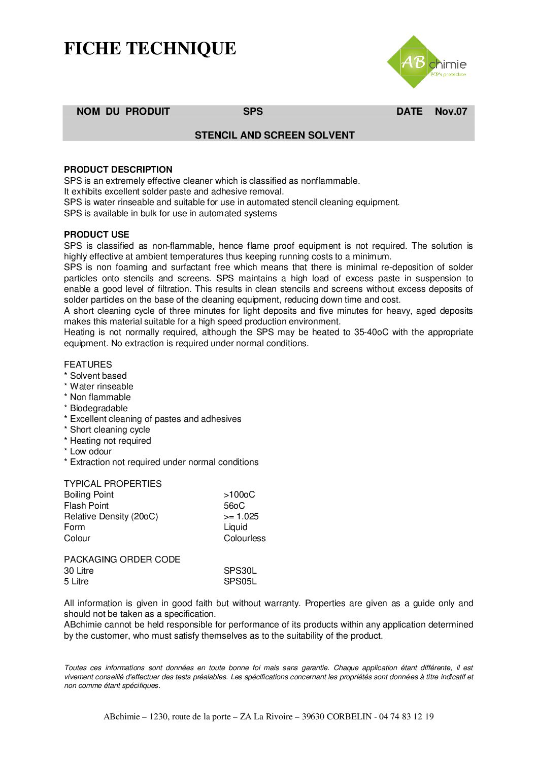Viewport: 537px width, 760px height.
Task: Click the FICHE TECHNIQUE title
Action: click(150, 49)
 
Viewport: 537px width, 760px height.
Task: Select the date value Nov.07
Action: click(451, 112)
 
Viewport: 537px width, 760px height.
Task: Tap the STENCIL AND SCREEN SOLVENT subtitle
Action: click(275, 135)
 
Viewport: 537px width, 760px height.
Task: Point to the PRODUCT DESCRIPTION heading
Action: click(118, 170)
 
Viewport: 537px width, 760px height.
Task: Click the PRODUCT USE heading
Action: click(96, 235)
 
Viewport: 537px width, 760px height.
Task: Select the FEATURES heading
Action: click(88, 365)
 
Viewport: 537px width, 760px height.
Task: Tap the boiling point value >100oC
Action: click(239, 494)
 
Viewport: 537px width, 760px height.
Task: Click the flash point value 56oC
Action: click(234, 506)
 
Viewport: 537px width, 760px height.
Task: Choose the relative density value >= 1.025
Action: click(241, 516)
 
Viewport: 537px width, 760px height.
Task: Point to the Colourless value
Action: click(245, 538)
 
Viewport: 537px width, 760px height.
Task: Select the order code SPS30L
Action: click(240, 571)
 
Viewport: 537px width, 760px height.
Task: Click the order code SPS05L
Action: click(240, 581)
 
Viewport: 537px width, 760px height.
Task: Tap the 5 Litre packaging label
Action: click(76, 581)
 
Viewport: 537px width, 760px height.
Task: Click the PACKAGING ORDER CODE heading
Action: click(122, 559)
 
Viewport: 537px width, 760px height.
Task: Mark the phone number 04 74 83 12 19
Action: click(406, 716)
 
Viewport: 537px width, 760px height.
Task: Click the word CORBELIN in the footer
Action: click(349, 716)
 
